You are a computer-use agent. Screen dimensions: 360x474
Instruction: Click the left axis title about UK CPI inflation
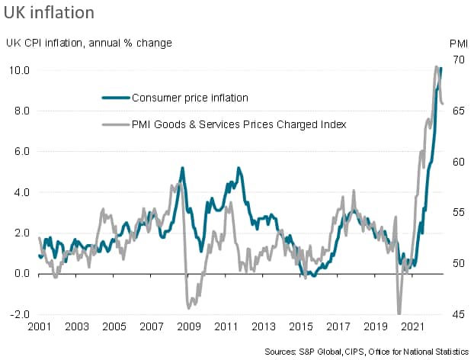click(x=89, y=42)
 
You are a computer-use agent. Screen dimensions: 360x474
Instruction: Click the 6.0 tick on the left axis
click(x=21, y=151)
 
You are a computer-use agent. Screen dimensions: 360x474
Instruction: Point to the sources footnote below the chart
click(x=367, y=351)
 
